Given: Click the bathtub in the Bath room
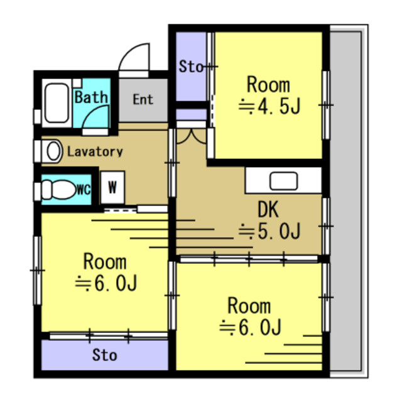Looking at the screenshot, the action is pyautogui.click(x=57, y=103).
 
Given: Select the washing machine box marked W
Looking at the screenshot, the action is pyautogui.click(x=112, y=187).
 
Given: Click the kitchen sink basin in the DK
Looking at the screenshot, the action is pyautogui.click(x=283, y=181).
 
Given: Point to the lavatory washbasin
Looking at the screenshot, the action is pyautogui.click(x=53, y=151).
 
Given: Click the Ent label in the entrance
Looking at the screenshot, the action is pyautogui.click(x=143, y=99).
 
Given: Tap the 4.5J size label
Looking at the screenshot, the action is pyautogui.click(x=269, y=106).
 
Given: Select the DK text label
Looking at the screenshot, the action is pyautogui.click(x=268, y=209).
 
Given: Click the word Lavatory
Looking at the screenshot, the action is pyautogui.click(x=95, y=152).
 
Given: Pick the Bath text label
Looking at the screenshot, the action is pyautogui.click(x=91, y=97).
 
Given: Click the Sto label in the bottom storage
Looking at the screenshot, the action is pyautogui.click(x=105, y=355).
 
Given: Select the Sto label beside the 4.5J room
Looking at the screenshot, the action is pyautogui.click(x=191, y=67).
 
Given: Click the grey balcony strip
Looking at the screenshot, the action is pyautogui.click(x=345, y=201).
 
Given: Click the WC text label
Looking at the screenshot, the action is pyautogui.click(x=84, y=190).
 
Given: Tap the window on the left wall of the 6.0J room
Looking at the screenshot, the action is pyautogui.click(x=38, y=271).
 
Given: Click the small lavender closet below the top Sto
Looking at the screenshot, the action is pyautogui.click(x=191, y=114).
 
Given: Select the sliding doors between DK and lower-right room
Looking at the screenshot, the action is pyautogui.click(x=249, y=259).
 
